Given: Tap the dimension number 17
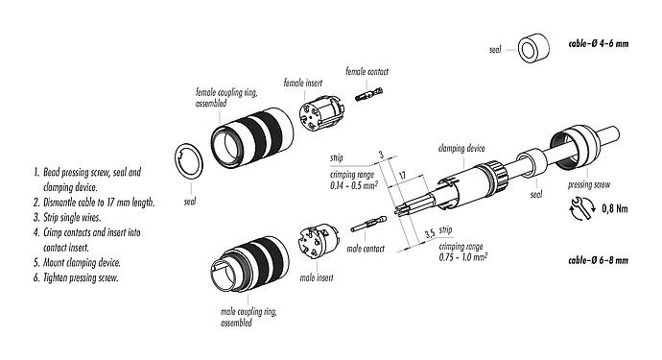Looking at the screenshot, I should tap(403, 176).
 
